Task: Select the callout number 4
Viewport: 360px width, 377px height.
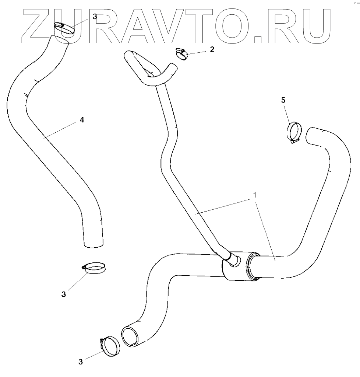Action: (x=82, y=120)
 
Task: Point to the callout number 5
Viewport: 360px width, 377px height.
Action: (x=283, y=100)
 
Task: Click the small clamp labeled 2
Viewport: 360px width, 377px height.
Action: (x=182, y=54)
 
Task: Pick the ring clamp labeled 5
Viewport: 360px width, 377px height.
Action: (x=294, y=132)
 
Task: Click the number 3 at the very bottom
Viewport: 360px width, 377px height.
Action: (x=80, y=362)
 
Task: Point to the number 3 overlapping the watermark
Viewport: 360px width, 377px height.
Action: (x=95, y=17)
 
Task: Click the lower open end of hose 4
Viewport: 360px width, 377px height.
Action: (x=93, y=243)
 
